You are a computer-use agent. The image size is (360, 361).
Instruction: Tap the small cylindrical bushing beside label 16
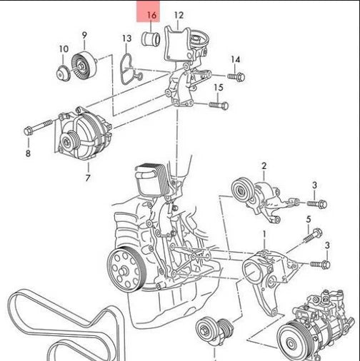(x=151, y=38)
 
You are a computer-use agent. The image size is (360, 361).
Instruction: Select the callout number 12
(x=179, y=15)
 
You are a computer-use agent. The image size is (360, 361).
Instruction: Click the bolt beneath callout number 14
(x=236, y=76)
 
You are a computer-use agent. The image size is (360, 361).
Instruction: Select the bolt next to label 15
(x=218, y=105)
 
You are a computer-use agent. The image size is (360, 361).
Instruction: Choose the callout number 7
(x=88, y=177)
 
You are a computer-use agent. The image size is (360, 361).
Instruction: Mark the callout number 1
(x=264, y=233)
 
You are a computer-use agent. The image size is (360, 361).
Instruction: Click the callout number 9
(x=84, y=35)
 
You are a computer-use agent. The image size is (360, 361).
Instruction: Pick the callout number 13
(x=126, y=38)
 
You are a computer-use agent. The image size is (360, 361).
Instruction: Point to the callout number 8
(x=29, y=153)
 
